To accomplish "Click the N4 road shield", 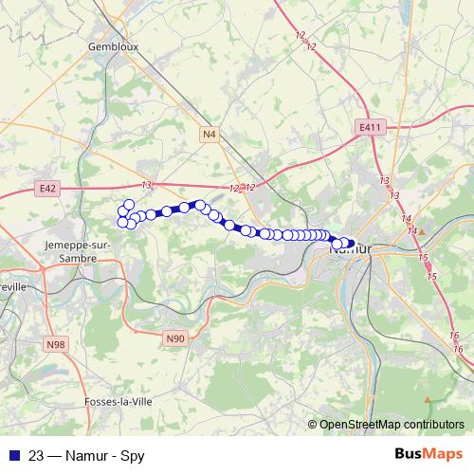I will [210, 135].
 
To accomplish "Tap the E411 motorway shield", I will [370, 126].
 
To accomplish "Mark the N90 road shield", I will [174, 337].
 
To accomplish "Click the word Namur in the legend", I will [88, 455].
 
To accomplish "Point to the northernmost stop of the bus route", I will [129, 204].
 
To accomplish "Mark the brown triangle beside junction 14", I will [424, 228].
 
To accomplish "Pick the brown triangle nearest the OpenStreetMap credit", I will [428, 399].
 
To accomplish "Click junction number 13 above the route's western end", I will [146, 185].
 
